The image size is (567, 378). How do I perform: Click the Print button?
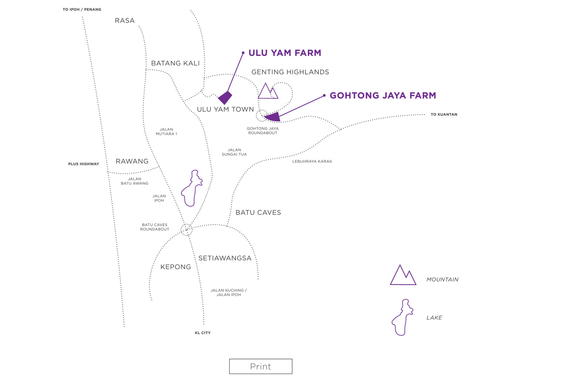tap(260, 366)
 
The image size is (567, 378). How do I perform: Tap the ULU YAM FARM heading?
tap(285, 53)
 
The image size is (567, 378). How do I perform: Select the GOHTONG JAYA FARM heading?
tap(383, 96)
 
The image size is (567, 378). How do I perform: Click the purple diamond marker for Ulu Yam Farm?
tap(225, 98)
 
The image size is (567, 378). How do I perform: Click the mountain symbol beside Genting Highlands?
tap(268, 92)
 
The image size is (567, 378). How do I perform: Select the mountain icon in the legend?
tap(403, 276)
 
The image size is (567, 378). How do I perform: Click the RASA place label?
tap(125, 21)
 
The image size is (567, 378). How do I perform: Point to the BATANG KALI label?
tap(175, 63)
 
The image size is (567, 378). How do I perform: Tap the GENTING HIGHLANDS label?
tap(290, 72)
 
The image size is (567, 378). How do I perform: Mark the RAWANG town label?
tap(132, 161)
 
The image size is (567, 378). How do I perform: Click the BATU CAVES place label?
tap(258, 212)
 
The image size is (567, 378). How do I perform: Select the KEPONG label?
tap(175, 267)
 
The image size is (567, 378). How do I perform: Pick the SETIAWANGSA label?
tap(225, 258)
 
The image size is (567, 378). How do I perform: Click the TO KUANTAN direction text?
tap(444, 115)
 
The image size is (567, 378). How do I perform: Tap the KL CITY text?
tap(203, 333)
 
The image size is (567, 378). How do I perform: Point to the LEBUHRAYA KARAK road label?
tap(312, 161)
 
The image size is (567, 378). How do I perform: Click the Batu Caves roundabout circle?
tap(186, 229)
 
